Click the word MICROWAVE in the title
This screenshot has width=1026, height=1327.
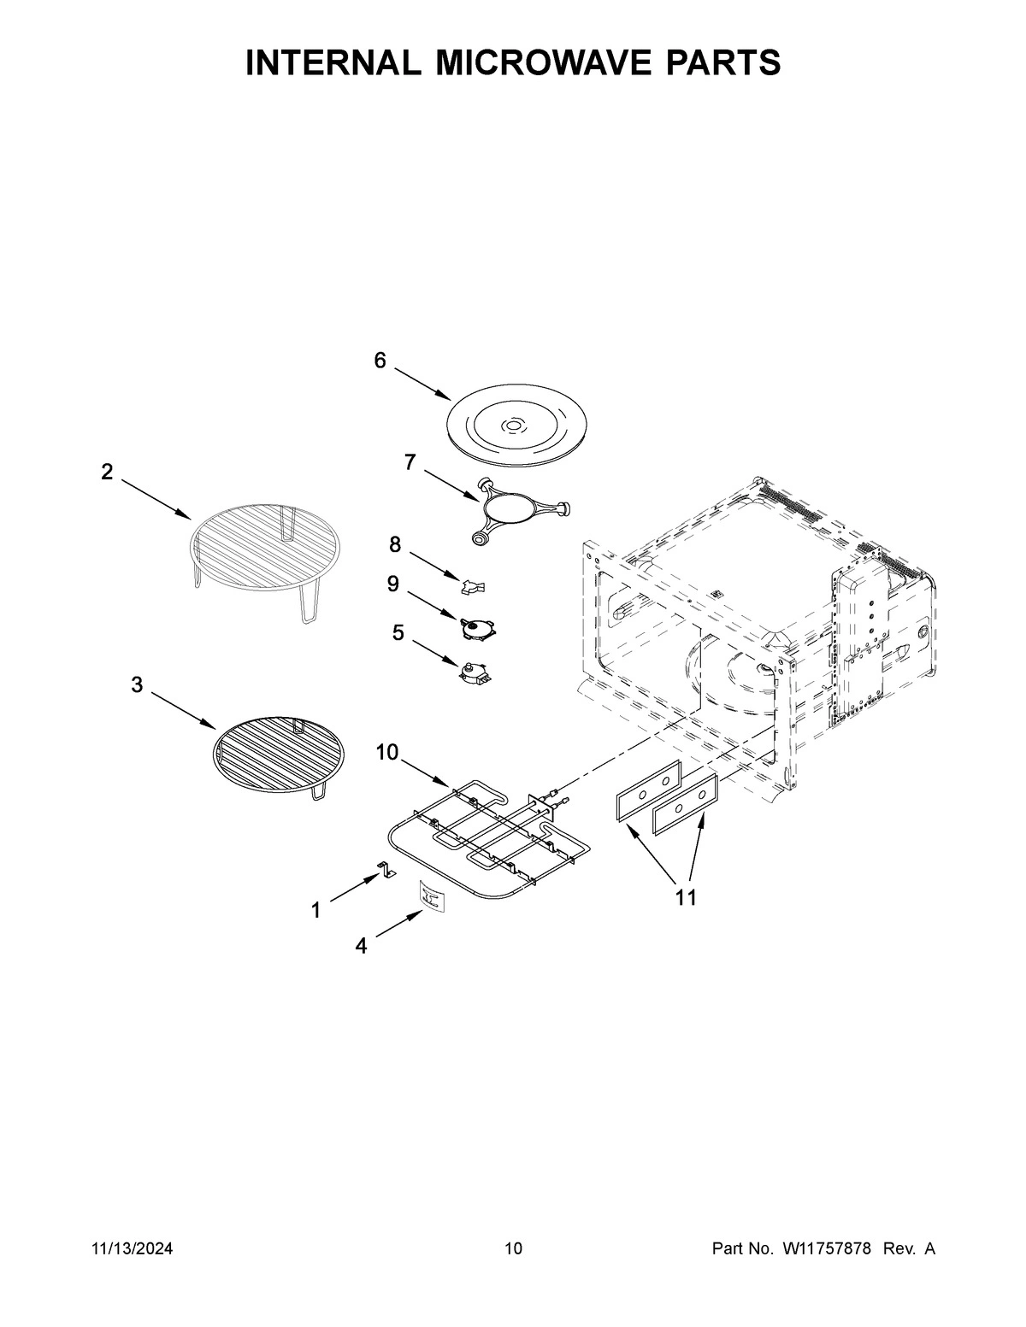[x=513, y=63]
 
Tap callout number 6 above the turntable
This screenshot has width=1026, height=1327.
[x=380, y=361]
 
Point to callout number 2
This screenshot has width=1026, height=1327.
[x=107, y=472]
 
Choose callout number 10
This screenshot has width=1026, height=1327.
[x=386, y=752]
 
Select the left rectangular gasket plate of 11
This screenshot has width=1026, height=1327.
[x=648, y=791]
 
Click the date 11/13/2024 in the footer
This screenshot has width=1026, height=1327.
[x=132, y=1249]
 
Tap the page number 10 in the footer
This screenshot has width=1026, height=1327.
[x=512, y=1249]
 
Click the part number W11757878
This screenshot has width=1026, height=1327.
[x=826, y=1249]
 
